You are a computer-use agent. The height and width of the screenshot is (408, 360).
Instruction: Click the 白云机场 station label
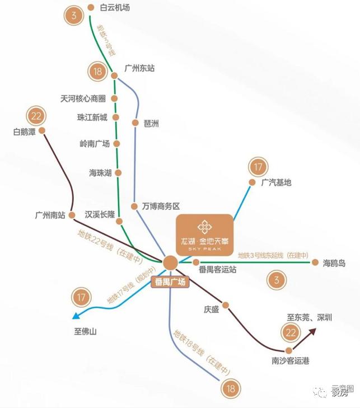115,8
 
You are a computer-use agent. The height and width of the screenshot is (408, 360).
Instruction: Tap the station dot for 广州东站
114,76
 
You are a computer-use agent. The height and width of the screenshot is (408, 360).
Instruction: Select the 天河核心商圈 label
83,99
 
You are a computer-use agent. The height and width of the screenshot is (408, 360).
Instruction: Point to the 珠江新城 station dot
116,118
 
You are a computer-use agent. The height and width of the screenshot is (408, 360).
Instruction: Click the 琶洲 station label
151,123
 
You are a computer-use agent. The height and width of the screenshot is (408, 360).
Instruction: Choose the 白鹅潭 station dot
41,131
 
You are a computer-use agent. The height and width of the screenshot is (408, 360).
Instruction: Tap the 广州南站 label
50,215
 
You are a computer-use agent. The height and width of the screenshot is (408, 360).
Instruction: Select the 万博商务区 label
160,207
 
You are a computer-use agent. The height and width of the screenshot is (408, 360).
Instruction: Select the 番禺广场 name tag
170,283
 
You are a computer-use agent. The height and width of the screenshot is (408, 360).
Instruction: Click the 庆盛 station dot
226,305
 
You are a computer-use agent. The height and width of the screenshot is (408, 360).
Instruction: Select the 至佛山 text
86,331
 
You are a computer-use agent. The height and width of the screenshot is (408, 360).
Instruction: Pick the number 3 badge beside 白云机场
73,15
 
